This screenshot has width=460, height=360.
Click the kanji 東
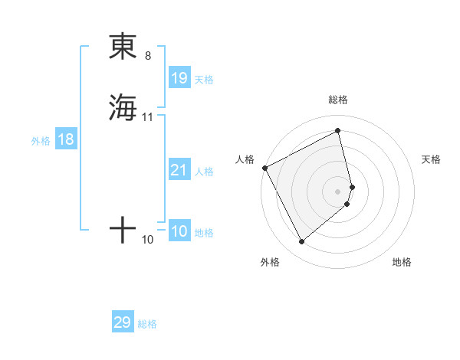pyautogui.click(x=123, y=47)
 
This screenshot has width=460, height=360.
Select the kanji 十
pyautogui.click(x=123, y=230)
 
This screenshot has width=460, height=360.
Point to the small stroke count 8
pyautogui.click(x=148, y=56)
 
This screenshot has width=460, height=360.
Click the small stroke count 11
pyautogui.click(x=148, y=117)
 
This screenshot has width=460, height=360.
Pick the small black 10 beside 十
pyautogui.click(x=148, y=240)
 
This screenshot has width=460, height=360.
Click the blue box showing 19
pyautogui.click(x=179, y=77)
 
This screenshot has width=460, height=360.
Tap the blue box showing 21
pyautogui.click(x=179, y=170)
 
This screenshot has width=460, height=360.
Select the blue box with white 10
pyautogui.click(x=179, y=231)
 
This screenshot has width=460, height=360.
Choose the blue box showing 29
pyautogui.click(x=123, y=322)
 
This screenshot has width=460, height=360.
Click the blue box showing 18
pyautogui.click(x=66, y=139)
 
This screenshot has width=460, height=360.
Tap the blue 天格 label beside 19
pyautogui.click(x=204, y=80)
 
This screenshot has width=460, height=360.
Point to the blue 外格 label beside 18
pyautogui.click(x=40, y=141)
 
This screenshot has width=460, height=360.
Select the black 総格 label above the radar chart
pyautogui.click(x=338, y=100)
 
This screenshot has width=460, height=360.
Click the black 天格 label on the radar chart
pyautogui.click(x=431, y=159)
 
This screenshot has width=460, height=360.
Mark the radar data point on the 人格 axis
pyautogui.click(x=264, y=167)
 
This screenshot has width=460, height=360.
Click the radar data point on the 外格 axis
pyautogui.click(x=301, y=242)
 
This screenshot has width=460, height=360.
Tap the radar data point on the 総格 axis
pyautogui.click(x=338, y=131)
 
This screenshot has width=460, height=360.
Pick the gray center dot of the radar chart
pyautogui.click(x=338, y=191)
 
